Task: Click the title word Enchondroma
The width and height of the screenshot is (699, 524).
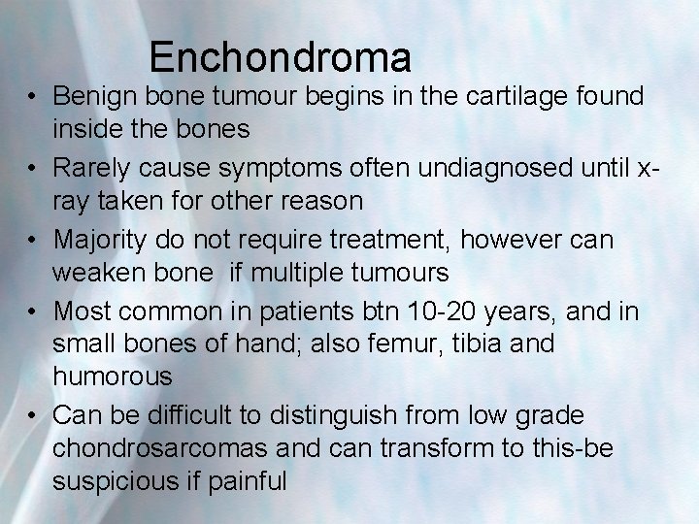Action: click(x=281, y=57)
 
